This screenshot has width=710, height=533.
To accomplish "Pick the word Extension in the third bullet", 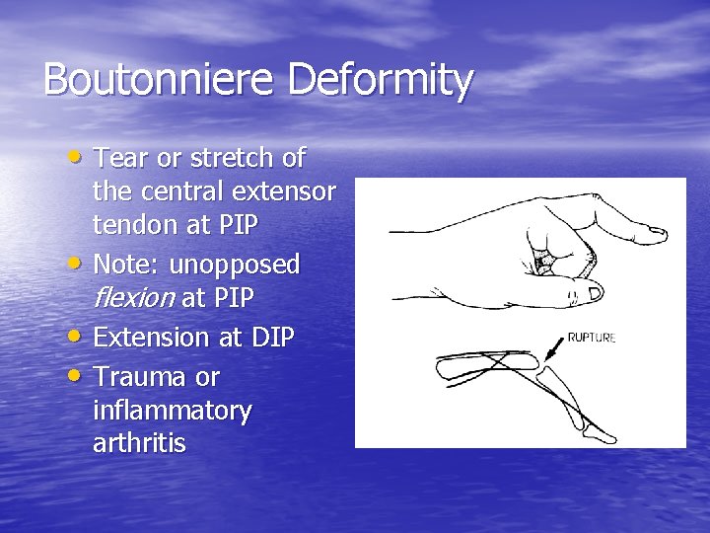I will tap(149, 337).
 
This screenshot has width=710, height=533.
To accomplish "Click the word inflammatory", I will tap(172, 411).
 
